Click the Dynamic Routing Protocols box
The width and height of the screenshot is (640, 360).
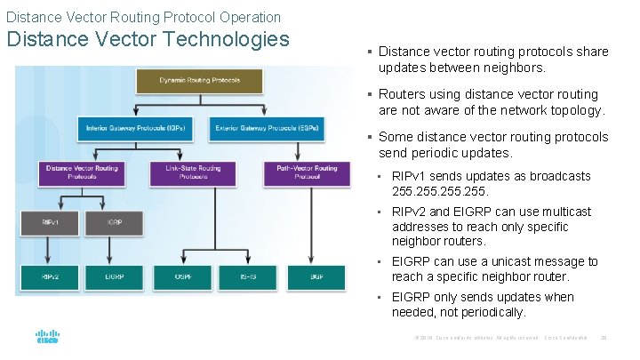[x=199, y=81]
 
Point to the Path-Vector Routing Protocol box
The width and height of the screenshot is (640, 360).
[x=307, y=172]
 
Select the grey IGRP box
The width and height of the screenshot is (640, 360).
[x=114, y=221]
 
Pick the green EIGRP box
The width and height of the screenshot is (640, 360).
[x=114, y=277]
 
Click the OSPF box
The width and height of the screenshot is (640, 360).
[x=184, y=277]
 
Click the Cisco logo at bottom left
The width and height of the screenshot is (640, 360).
[x=46, y=338]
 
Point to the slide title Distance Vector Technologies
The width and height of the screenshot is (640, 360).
[x=148, y=40]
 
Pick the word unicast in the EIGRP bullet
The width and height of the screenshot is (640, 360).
[x=492, y=261]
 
